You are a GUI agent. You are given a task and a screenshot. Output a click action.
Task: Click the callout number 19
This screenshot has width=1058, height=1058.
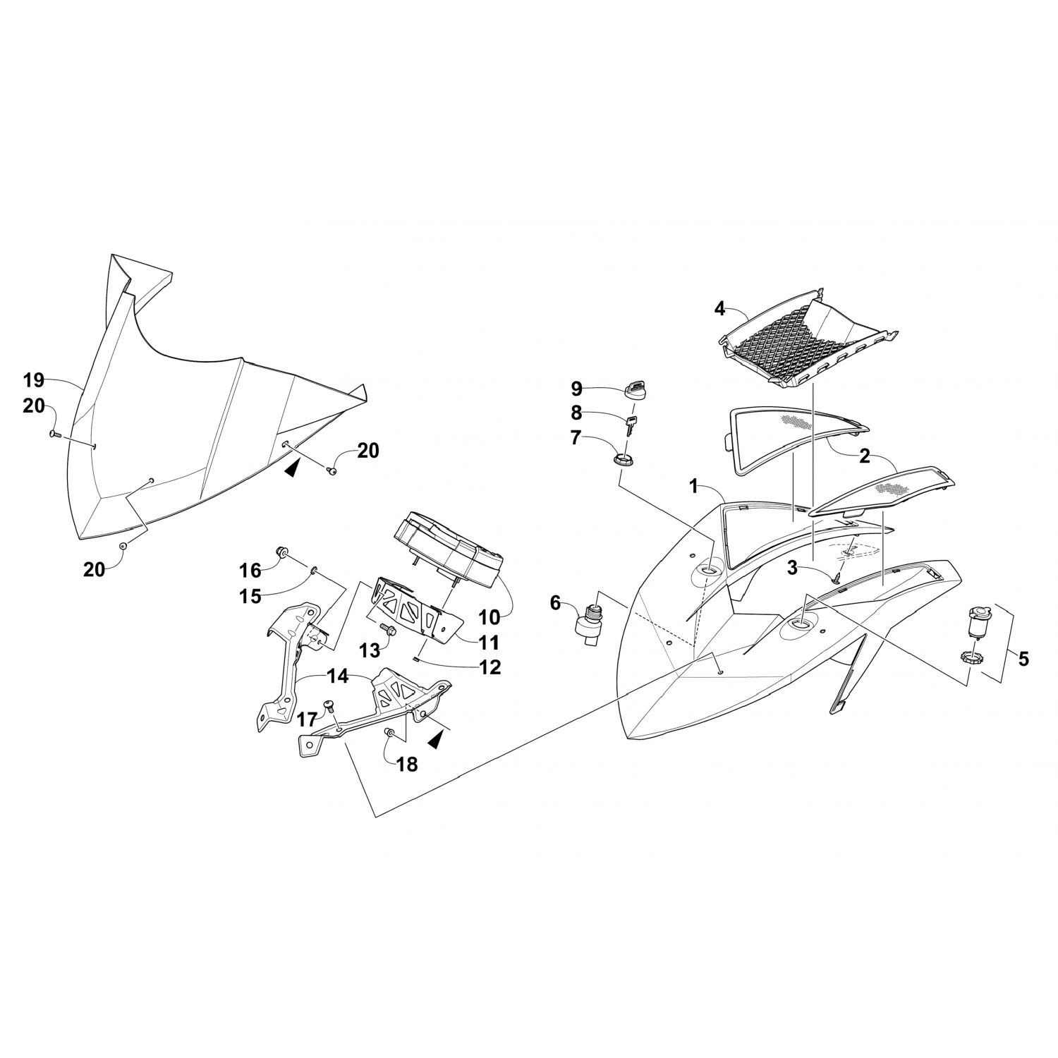[33, 381]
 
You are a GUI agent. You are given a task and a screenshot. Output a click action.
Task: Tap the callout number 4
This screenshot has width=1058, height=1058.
[719, 308]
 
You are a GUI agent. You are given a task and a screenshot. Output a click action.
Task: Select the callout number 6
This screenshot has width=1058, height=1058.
[555, 602]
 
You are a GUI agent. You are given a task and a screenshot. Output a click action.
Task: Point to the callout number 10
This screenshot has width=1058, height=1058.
[490, 617]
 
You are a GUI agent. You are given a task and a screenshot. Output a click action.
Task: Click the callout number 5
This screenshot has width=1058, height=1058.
[1023, 659]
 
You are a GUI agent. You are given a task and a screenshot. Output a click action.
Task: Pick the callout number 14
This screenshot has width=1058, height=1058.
[338, 676]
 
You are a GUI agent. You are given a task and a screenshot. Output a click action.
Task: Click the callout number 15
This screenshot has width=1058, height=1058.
[250, 596]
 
